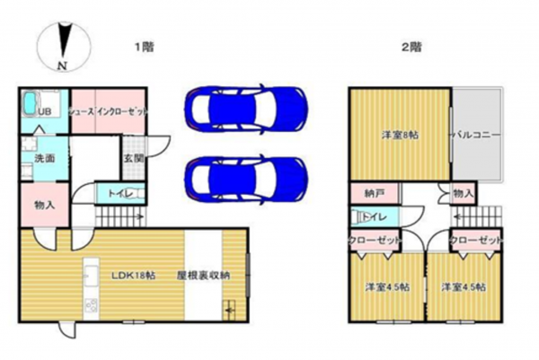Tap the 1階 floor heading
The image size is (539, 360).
[142, 45]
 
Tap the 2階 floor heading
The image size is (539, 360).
[411, 45]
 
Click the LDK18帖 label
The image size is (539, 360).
[133, 276]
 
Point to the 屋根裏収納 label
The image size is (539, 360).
[203, 276]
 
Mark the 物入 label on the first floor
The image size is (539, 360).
[44, 205]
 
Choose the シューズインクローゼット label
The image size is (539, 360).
[108, 111]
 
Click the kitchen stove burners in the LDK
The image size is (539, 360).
[91, 306]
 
